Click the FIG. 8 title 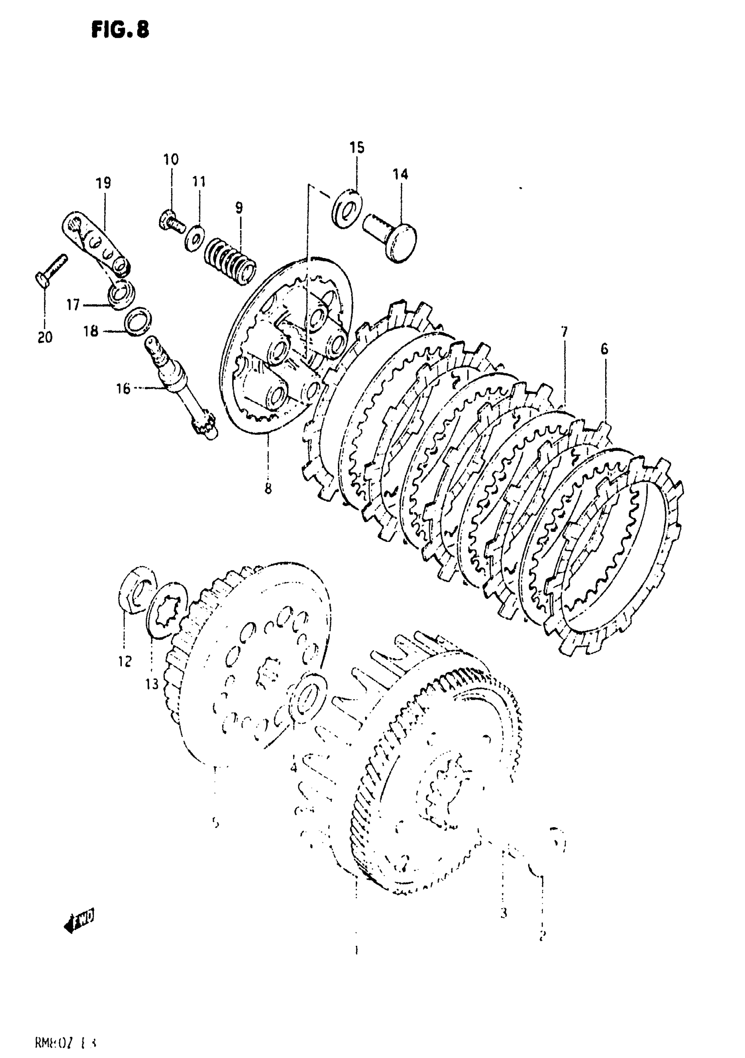(120, 30)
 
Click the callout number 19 (103, 183)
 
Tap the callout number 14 (400, 174)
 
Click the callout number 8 (268, 488)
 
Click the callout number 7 (564, 332)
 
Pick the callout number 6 (604, 349)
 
